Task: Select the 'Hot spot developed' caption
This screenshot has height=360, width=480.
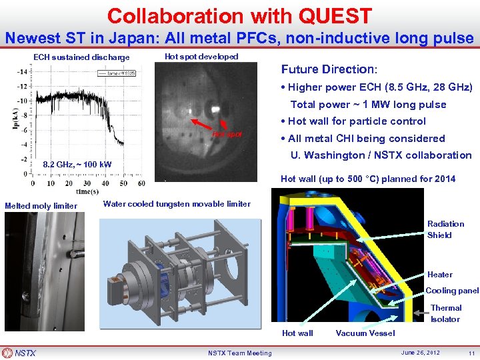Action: coord(201,57)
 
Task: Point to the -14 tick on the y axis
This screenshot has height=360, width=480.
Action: coord(22,71)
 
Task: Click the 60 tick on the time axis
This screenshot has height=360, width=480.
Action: coord(140,183)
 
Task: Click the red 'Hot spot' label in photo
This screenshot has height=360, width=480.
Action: coord(227,134)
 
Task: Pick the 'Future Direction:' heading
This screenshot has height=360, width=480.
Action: coord(329,69)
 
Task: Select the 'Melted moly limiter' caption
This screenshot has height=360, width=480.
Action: coord(41,206)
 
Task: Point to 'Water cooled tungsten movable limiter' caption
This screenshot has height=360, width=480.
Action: coord(177,204)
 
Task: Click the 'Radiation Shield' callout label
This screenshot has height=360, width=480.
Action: coord(445,229)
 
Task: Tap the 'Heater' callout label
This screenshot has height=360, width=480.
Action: coord(439,275)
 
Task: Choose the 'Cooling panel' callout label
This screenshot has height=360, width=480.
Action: coord(451,291)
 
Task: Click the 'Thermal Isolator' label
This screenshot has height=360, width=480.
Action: coord(445,313)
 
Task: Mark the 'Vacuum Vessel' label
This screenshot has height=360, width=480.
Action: coord(365,333)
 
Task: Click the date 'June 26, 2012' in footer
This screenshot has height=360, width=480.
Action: coord(421,353)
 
